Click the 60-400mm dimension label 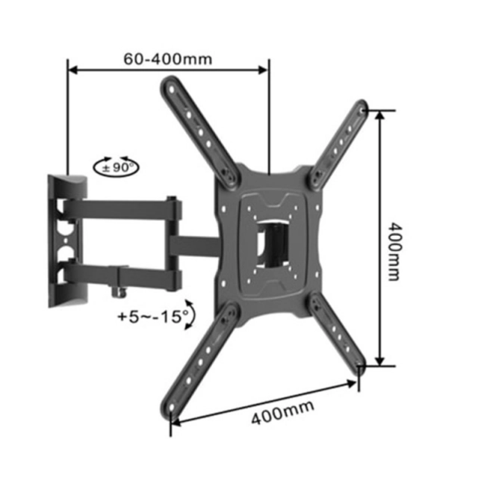coord(167,59)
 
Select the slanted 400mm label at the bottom coord(282,412)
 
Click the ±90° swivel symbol coord(116,167)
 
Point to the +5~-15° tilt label coord(153,317)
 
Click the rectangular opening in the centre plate coord(273,244)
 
